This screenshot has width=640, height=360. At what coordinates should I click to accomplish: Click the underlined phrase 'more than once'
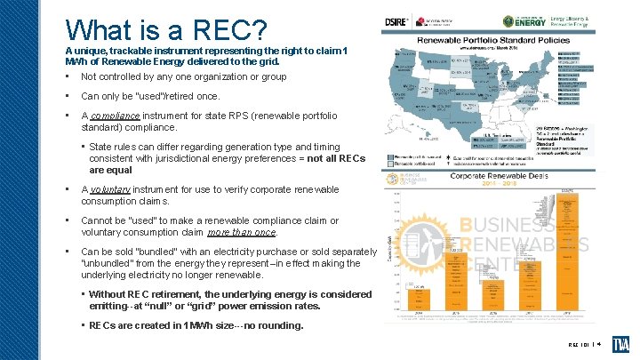pyautogui.click(x=242, y=232)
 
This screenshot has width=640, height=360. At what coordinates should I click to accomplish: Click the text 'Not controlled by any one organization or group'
pyautogui.click(x=183, y=76)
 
